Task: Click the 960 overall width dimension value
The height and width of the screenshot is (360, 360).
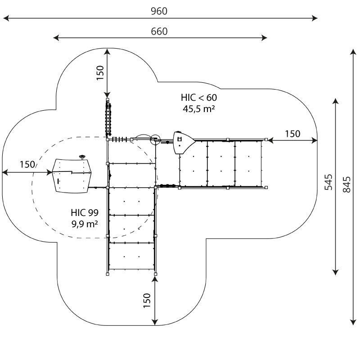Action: (159, 11)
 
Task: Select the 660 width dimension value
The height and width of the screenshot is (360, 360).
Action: (159, 31)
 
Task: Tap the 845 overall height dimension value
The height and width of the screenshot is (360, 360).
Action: (346, 184)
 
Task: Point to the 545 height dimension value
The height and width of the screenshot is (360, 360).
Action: (328, 182)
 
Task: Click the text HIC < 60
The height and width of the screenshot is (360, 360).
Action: (199, 98)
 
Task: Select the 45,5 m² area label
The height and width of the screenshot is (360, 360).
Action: (199, 108)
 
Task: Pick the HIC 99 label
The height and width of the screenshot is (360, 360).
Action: (85, 212)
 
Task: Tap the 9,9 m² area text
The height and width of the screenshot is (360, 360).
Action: (85, 224)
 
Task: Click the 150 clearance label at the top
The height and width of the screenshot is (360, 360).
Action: (100, 73)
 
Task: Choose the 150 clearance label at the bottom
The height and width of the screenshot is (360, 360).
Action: (147, 301)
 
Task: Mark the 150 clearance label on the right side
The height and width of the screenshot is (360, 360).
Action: (292, 134)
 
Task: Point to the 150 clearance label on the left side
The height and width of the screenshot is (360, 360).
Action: (27, 164)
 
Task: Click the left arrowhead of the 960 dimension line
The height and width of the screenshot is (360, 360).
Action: (6, 18)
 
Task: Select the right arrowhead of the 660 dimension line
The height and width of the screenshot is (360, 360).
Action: (264, 38)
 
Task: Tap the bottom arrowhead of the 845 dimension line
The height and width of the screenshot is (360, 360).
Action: (353, 322)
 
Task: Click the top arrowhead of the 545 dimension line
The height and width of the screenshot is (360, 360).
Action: (336, 101)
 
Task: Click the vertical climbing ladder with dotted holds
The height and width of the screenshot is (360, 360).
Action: (108, 119)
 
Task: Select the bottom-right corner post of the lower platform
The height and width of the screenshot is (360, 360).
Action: (155, 274)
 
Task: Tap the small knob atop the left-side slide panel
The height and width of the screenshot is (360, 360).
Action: (82, 157)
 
